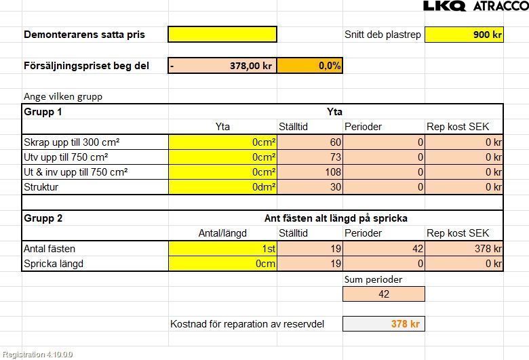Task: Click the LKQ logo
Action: coord(444,6)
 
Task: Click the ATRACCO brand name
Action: coord(500,6)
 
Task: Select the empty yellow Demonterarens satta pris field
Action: coord(222,34)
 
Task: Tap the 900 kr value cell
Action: coord(464,34)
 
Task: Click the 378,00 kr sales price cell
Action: coord(222,66)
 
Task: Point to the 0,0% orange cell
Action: coord(309,66)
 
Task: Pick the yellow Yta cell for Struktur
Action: coord(222,187)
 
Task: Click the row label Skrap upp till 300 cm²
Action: coord(72,142)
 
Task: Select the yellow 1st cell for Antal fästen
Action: coord(222,249)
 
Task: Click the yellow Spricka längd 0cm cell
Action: coord(222,264)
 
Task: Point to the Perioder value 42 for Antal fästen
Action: coord(384,249)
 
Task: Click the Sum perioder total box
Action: coord(384,294)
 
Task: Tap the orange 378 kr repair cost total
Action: coord(384,324)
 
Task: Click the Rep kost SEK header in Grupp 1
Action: coord(457,127)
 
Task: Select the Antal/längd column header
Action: coord(222,233)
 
